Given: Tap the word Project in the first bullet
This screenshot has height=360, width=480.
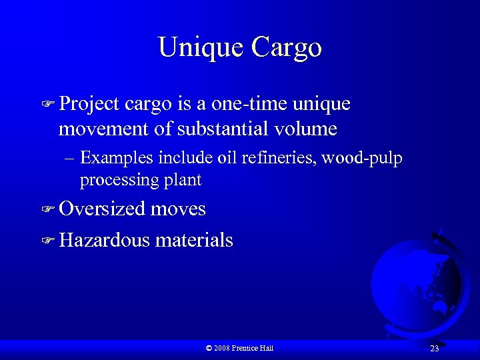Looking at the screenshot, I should click(x=89, y=105).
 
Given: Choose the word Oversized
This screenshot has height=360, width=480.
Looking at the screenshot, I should click(x=102, y=209).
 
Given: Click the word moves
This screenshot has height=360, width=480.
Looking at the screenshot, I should click(x=178, y=209).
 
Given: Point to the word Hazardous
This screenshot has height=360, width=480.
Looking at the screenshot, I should click(x=105, y=240).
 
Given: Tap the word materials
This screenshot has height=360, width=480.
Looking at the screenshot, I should click(x=194, y=240).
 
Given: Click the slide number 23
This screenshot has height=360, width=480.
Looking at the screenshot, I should click(x=434, y=349).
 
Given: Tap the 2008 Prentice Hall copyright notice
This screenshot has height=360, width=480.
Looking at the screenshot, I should click(x=240, y=348).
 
